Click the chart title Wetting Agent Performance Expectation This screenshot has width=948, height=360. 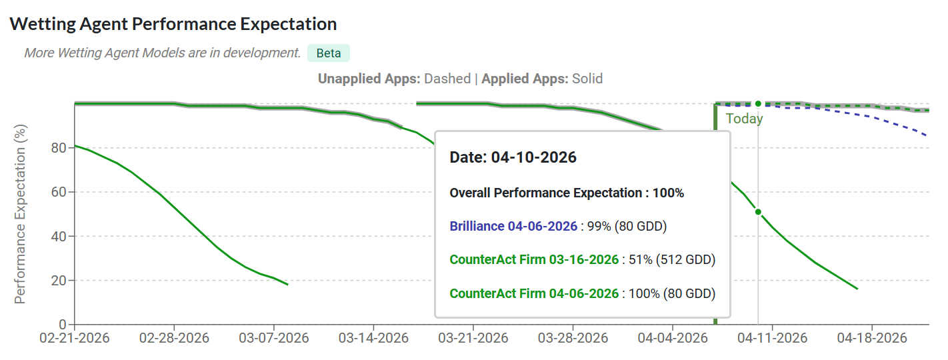173,24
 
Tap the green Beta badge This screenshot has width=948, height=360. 328,53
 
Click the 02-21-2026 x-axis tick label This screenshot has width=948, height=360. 75,338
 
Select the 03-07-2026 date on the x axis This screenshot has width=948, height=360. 274,338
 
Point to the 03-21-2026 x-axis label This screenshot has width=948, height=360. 473,338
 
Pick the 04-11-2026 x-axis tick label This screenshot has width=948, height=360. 772,338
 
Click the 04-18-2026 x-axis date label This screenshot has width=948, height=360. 872,338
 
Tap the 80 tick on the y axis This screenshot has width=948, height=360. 58,148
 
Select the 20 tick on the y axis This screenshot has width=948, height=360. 58,281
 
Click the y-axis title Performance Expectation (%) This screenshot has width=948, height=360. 21,213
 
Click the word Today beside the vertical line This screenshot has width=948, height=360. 744,119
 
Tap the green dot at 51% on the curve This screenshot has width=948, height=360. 758,212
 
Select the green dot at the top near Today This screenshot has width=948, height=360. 758,103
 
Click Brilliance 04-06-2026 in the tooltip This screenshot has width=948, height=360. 513,226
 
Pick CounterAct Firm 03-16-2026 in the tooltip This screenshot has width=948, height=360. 534,259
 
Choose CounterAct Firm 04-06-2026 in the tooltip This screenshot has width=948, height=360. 534,293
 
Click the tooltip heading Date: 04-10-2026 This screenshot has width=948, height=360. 513,158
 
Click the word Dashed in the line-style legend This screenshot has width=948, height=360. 447,79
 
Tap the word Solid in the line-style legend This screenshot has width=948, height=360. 587,79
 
